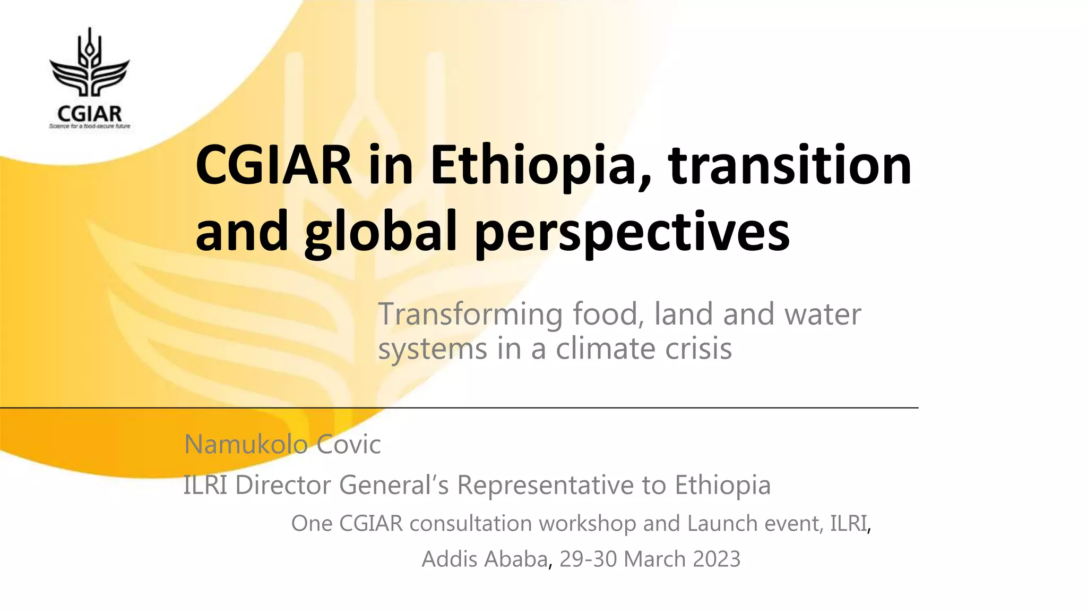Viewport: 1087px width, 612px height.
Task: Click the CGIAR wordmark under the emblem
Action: click(90, 113)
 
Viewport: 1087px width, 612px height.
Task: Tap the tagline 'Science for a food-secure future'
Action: click(90, 126)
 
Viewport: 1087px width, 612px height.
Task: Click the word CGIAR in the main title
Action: click(274, 166)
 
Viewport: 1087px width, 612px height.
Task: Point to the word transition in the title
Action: click(790, 166)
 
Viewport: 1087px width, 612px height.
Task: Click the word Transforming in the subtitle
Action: click(470, 314)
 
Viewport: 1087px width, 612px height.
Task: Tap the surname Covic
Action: click(349, 444)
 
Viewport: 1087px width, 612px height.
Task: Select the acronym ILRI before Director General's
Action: click(205, 485)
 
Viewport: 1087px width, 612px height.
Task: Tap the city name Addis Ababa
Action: click(485, 559)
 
